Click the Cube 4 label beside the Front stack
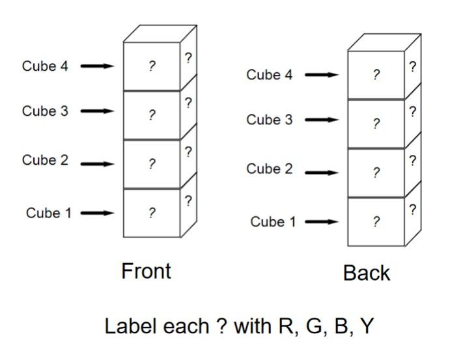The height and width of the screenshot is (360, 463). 45,66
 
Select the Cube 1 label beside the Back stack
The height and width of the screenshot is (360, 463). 273,222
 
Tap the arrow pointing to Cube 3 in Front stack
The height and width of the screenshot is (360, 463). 97,111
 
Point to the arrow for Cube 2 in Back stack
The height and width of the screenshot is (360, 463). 322,173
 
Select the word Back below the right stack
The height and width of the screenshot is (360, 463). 367,273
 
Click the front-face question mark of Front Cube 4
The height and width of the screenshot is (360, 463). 152,66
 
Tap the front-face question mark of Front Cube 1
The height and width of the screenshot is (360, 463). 152,213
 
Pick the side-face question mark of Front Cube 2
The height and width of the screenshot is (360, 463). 188,152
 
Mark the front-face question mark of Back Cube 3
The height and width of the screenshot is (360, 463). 376,124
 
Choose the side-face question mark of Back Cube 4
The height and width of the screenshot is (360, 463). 412,66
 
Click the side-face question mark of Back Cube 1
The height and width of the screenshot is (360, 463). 412,210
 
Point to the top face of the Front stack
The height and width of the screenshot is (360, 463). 160,33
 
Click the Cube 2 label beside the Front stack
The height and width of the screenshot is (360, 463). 45,160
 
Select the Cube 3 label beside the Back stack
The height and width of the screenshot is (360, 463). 269,120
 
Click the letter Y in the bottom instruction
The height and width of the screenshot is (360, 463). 367,325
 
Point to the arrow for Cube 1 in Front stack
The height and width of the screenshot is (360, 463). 97,213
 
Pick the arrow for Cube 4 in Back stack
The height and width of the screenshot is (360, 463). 322,75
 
